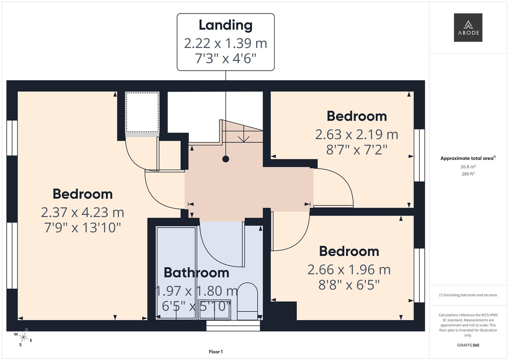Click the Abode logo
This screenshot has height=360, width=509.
pos(468,28)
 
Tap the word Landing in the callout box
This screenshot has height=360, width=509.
pos(225,25)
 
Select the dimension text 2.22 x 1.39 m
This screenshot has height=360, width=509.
pos(225,43)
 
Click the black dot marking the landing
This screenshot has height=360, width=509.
pos(226,159)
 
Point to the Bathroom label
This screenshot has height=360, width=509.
pos(196,273)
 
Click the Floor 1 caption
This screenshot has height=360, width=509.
pos(216,352)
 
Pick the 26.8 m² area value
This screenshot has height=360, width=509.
pos(468,167)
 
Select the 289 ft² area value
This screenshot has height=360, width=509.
pos(468,174)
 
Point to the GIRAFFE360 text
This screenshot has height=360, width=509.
pos(468,345)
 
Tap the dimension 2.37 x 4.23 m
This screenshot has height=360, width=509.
pos(82,212)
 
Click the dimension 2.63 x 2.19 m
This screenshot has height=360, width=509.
pos(356,135)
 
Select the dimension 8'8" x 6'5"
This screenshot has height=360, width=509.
pos(349,285)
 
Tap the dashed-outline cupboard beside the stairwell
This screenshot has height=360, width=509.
pos(142,112)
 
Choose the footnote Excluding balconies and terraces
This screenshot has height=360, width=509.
pos(468,295)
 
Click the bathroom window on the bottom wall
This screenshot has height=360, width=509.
pos(233,326)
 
